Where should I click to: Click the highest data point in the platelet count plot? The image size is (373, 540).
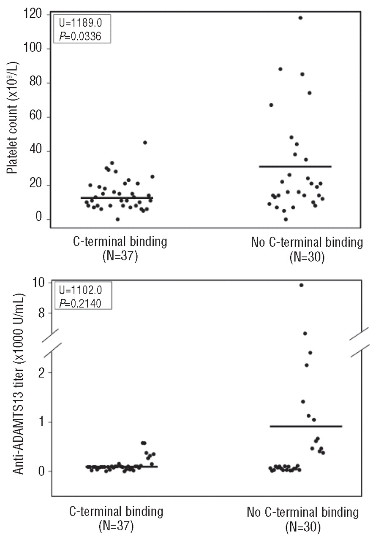click(x=301, y=18)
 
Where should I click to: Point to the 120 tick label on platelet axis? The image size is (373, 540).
click(x=33, y=15)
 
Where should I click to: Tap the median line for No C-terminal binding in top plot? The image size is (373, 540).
click(x=295, y=167)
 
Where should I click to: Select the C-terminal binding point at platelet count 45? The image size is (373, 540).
click(x=145, y=143)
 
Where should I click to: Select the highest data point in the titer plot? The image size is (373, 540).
click(x=301, y=285)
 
